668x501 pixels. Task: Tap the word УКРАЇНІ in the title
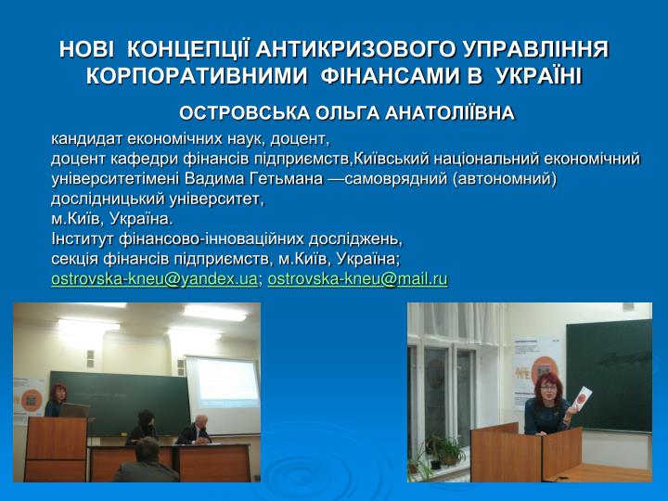tap(539, 76)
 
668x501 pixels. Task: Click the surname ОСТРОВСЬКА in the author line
tap(244, 113)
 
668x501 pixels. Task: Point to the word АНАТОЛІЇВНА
tap(450, 113)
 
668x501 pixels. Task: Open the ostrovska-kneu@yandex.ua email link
tap(154, 279)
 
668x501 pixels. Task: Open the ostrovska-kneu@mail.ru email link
tap(357, 279)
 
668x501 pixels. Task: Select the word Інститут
tap(83, 238)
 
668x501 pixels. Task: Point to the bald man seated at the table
tap(195, 430)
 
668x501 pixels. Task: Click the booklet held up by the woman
tap(581, 398)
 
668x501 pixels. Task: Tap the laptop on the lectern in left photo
tap(74, 410)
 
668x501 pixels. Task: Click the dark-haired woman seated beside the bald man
tap(143, 427)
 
